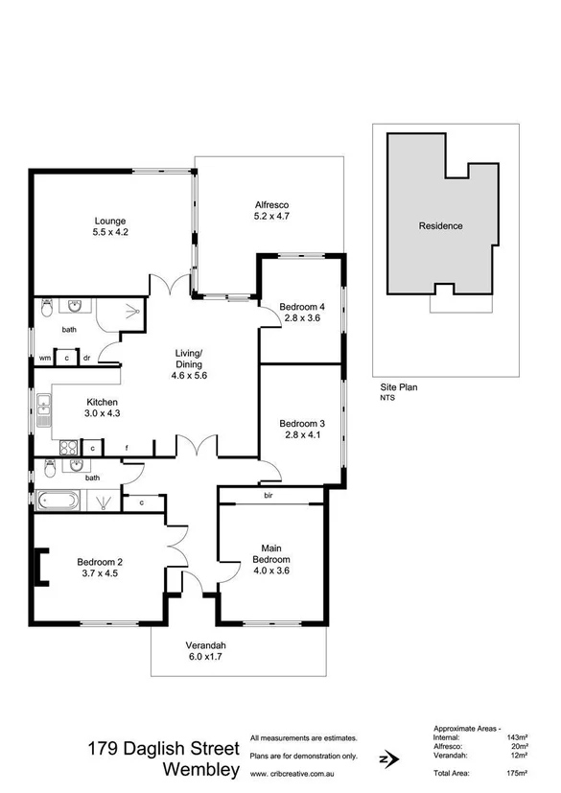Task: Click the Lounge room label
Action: click(110, 224)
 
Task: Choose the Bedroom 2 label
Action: click(96, 568)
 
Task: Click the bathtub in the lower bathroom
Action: click(60, 500)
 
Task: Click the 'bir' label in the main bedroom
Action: click(269, 496)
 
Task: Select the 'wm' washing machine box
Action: click(44, 359)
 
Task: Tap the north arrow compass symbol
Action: click(386, 758)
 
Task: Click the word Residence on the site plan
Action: click(440, 226)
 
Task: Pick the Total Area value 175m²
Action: click(518, 772)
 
